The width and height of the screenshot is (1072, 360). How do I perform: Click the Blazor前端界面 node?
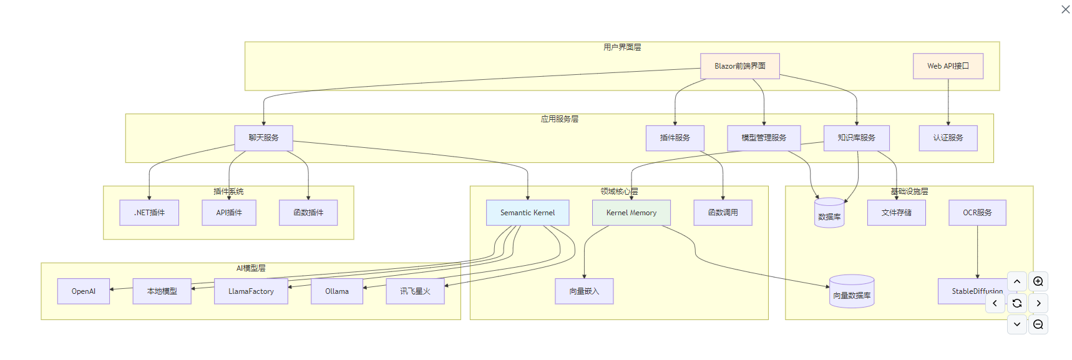tap(739, 66)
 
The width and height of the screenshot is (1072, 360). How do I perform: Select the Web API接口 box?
tap(948, 66)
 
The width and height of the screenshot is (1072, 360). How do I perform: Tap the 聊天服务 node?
tap(263, 138)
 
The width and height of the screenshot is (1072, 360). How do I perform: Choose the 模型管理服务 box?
tap(764, 138)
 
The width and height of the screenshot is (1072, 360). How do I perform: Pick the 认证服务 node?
tap(948, 138)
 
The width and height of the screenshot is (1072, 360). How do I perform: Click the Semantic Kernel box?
tap(527, 213)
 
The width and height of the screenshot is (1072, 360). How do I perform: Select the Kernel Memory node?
tap(631, 213)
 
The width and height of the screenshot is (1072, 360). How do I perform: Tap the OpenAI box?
tap(84, 291)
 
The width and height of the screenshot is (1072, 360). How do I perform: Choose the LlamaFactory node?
tap(251, 291)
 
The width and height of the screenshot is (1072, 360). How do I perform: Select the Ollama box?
tap(337, 291)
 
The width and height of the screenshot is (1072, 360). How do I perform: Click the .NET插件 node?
tap(149, 213)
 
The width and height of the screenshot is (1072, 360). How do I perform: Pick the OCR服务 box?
tap(977, 213)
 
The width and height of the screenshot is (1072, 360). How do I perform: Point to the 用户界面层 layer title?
tap(622, 47)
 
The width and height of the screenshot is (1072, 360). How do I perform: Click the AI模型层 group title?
tap(251, 268)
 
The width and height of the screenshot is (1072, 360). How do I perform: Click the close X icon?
tap(1066, 9)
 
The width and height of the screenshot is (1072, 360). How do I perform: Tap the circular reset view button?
tap(1017, 303)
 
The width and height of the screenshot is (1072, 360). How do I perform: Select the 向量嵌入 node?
tap(584, 291)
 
